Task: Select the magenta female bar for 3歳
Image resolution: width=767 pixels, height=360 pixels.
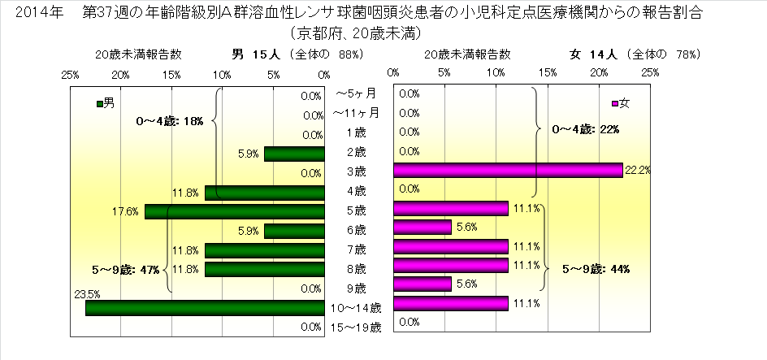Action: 508,171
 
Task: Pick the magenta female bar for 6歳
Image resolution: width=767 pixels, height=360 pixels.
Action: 422,228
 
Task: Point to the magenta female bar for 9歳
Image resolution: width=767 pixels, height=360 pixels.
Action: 422,284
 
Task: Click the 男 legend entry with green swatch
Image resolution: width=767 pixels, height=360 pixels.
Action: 105,103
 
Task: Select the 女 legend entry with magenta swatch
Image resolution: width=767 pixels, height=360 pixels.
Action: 619,103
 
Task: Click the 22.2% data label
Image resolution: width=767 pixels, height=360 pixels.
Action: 638,170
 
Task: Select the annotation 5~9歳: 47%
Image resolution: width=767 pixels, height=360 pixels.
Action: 125,268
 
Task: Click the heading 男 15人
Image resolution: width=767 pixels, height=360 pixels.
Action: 256,54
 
